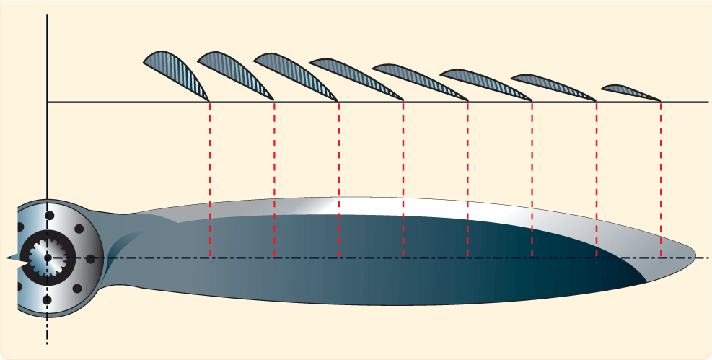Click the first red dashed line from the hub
[x=210, y=180]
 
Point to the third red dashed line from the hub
[x=338, y=180]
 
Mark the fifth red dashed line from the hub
[x=467, y=180]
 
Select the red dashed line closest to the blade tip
[x=661, y=180]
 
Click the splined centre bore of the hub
[x=47, y=257]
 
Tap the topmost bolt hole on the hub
[x=48, y=215]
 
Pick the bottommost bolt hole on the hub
[x=48, y=299]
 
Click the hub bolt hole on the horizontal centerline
[x=90, y=258]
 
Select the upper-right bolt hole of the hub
[x=78, y=228]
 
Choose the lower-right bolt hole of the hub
[x=78, y=286]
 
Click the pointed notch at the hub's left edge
[x=10, y=257]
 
